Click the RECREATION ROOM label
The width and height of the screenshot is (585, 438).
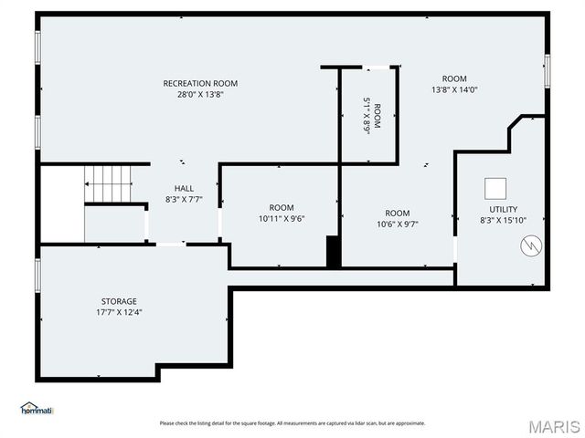pyautogui.click(x=207, y=83)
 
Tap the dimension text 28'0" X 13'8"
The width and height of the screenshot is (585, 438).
pyautogui.click(x=207, y=94)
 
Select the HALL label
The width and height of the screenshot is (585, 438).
pyautogui.click(x=184, y=188)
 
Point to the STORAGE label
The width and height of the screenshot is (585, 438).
pyautogui.click(x=119, y=301)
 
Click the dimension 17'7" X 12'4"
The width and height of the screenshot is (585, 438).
pyautogui.click(x=119, y=312)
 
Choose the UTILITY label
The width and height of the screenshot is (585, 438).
pyautogui.click(x=503, y=209)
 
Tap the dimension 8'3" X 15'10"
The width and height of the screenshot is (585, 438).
pyautogui.click(x=503, y=220)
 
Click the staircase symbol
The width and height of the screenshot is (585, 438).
pyautogui.click(x=109, y=183)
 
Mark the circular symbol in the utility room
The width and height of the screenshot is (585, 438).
pyautogui.click(x=529, y=245)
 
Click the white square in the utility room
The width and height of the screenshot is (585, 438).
pyautogui.click(x=496, y=188)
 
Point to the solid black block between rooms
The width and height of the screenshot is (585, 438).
pyautogui.click(x=334, y=252)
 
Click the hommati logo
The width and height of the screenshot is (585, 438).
pyautogui.click(x=37, y=409)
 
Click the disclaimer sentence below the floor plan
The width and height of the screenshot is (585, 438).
pyautogui.click(x=292, y=423)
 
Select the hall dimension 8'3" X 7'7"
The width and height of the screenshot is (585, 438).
pyautogui.click(x=184, y=199)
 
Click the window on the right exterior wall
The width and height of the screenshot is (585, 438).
pyautogui.click(x=547, y=71)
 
